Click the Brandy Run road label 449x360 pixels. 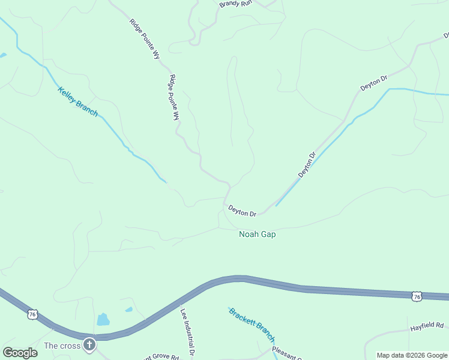tap(235, 4)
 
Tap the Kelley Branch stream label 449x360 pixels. tap(77, 101)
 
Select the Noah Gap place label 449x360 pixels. tap(258, 235)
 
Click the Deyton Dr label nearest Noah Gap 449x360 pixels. tap(243, 211)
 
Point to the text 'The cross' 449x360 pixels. tap(62, 346)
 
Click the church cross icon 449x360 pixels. tap(89, 344)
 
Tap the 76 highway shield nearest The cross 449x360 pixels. tap(32, 314)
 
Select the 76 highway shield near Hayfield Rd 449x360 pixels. tap(417, 296)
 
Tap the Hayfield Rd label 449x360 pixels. tap(426, 326)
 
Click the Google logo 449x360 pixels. tap(20, 353)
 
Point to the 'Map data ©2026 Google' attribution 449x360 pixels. tap(412, 355)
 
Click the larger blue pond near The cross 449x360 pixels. tap(103, 319)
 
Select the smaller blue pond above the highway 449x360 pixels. tap(128, 310)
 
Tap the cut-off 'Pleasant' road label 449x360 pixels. tap(287, 353)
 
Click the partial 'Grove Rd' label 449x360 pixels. tap(161, 357)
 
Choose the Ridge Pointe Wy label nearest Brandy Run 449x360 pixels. tap(145, 39)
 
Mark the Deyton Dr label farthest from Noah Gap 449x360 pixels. tap(374, 83)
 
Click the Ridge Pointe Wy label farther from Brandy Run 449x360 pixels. tap(175, 97)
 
